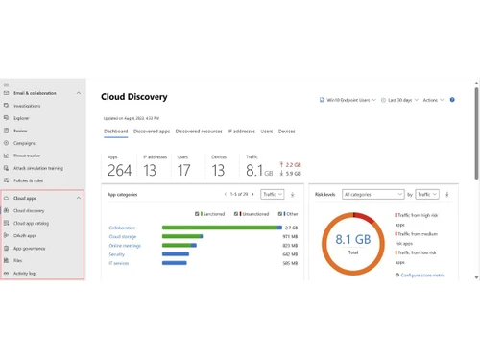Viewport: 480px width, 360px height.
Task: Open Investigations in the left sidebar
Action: click(x=27, y=106)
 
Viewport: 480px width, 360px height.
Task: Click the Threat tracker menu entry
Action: click(x=28, y=154)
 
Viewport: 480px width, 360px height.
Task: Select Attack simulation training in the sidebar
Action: click(x=39, y=166)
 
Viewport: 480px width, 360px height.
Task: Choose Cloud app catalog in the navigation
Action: click(x=32, y=223)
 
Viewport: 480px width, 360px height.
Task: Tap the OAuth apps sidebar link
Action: click(x=25, y=235)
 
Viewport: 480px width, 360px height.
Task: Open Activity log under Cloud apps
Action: click(x=24, y=273)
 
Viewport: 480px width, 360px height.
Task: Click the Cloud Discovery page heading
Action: click(x=133, y=97)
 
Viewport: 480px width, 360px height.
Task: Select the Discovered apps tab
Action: click(x=151, y=131)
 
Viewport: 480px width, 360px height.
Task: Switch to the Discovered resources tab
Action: click(x=199, y=131)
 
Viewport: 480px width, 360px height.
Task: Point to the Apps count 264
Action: click(x=119, y=171)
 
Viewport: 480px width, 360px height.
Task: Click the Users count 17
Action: click(x=183, y=171)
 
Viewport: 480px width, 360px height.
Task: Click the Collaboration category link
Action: click(x=122, y=228)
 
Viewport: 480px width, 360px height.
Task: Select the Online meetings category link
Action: click(x=125, y=245)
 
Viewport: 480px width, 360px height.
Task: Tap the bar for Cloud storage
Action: click(x=182, y=236)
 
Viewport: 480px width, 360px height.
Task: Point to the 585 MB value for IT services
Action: click(x=290, y=262)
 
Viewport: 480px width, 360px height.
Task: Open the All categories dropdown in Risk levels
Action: click(x=372, y=194)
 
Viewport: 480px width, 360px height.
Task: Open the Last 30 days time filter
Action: click(x=401, y=99)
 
